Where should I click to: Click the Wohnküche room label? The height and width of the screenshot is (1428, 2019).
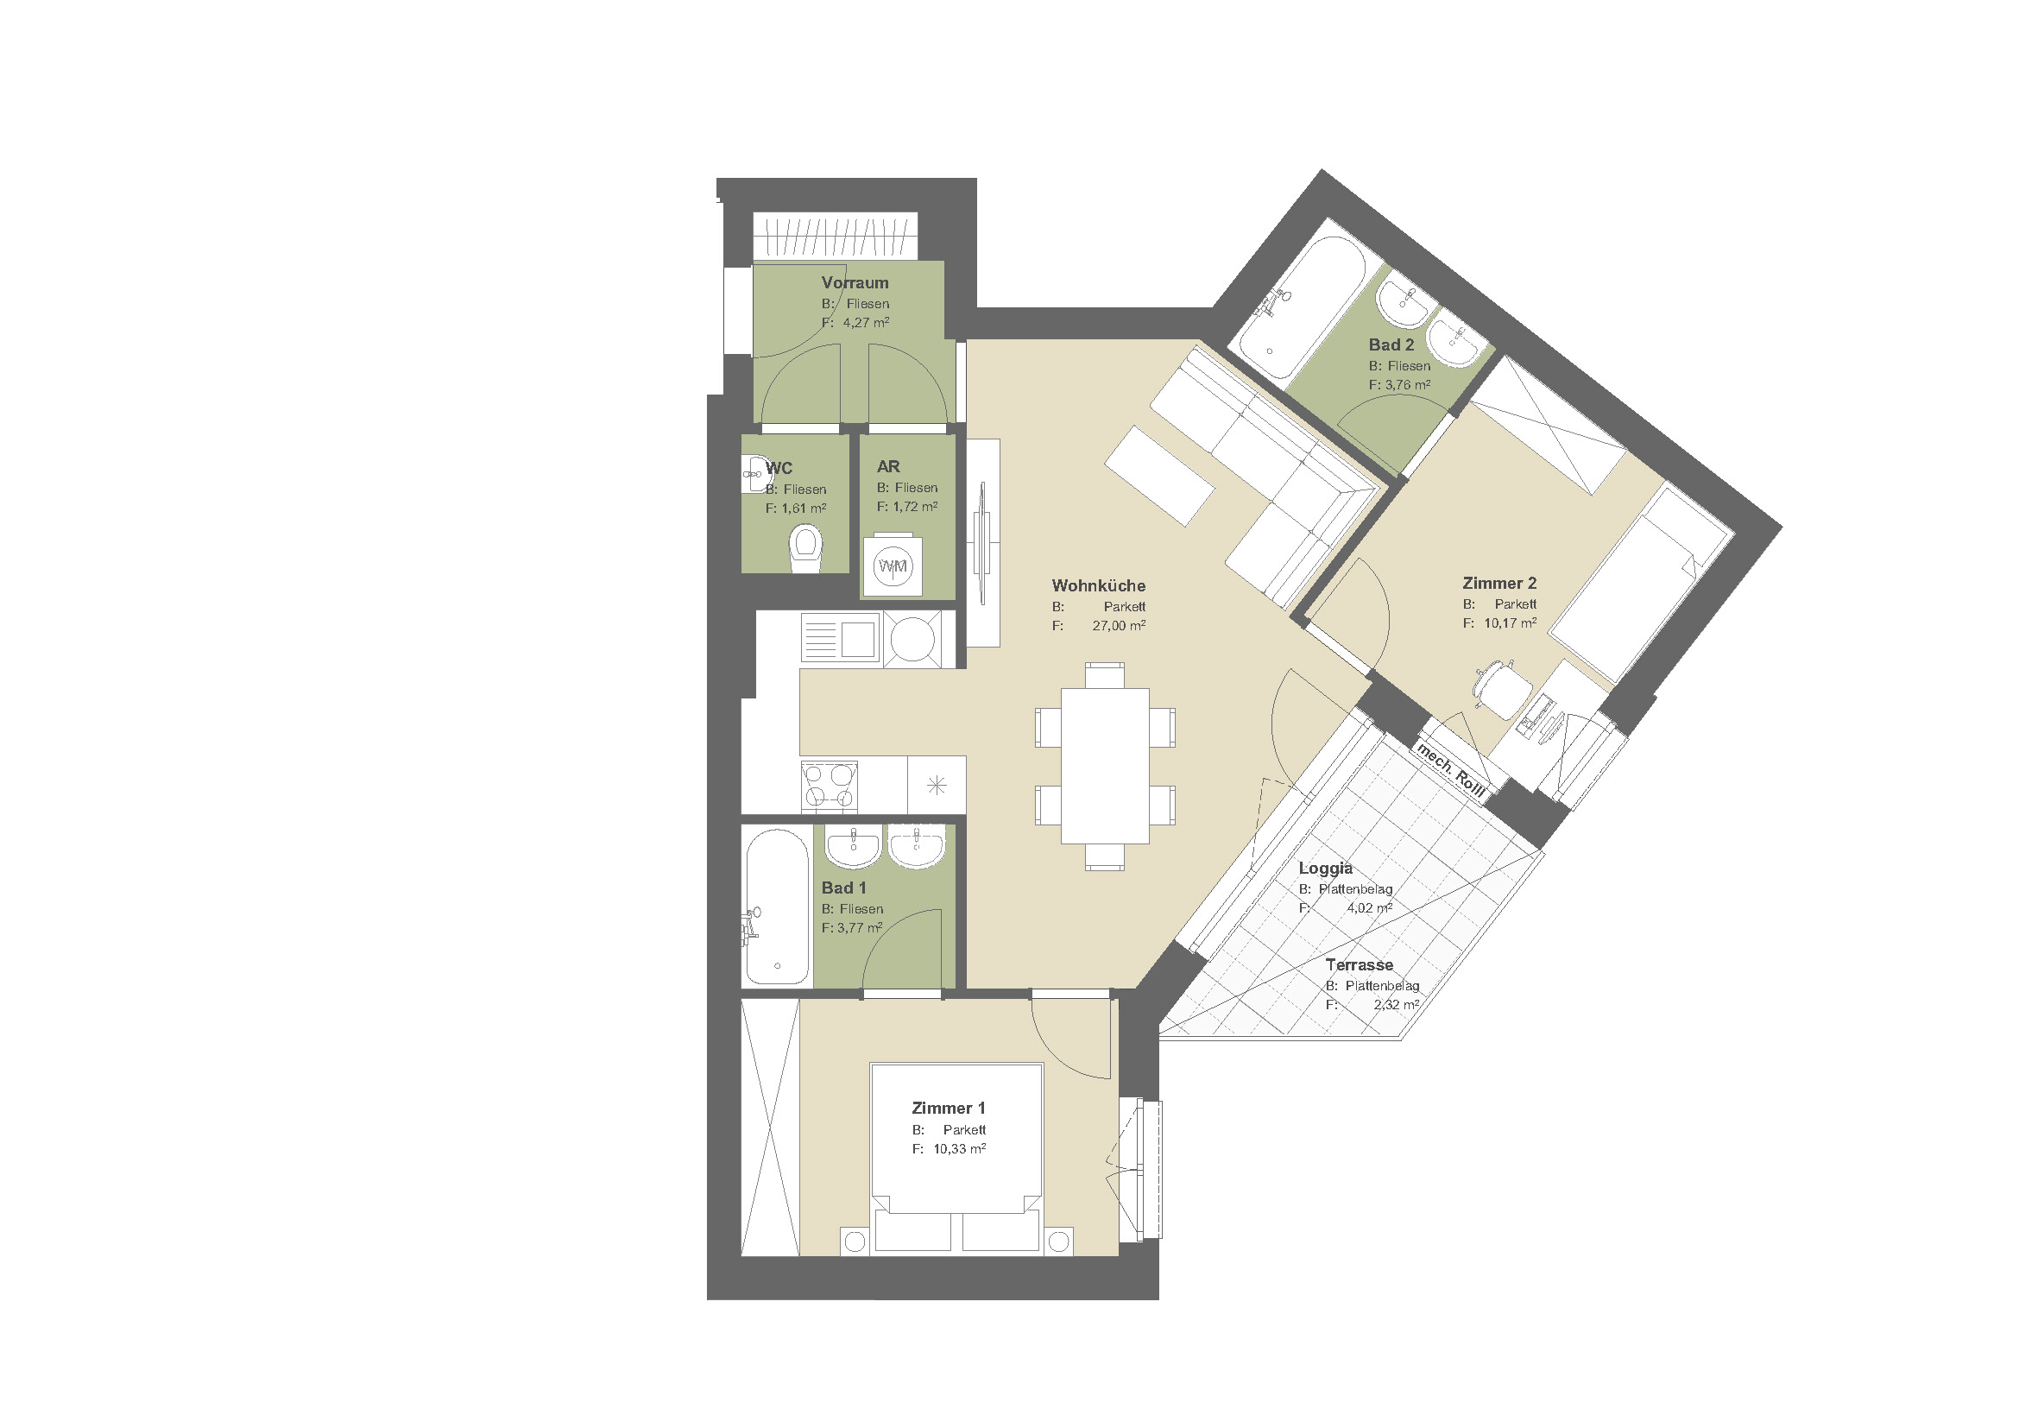tap(1098, 585)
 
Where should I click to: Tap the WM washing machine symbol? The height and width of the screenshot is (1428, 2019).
tap(893, 566)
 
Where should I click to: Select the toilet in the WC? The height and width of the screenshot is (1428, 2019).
tap(805, 547)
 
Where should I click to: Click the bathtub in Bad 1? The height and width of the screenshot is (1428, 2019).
tap(778, 907)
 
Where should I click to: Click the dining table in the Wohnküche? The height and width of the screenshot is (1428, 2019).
tap(1105, 765)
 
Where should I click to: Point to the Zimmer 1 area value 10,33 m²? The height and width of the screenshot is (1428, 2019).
tap(959, 1148)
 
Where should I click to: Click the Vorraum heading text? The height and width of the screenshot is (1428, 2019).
tap(855, 282)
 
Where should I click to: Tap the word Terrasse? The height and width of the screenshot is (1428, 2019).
tap(1360, 964)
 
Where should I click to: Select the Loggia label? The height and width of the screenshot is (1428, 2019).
tap(1325, 869)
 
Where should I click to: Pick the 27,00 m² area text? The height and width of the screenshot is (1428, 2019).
tap(1119, 625)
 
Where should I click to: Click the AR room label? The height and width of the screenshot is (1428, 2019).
tap(888, 466)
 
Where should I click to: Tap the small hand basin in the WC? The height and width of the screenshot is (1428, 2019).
tap(754, 474)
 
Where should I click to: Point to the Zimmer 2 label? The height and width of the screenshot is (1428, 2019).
tap(1499, 583)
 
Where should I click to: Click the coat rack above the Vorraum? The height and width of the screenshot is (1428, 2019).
tap(836, 236)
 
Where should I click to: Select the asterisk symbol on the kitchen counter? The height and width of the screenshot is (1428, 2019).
tap(937, 785)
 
